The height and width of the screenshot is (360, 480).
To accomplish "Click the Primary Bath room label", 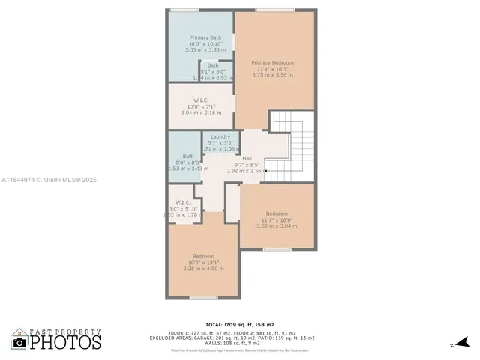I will (205, 37).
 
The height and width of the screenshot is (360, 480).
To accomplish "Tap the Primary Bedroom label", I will (272, 62).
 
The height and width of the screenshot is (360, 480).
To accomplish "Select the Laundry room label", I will (220, 136).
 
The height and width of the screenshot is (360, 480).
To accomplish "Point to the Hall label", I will (247, 158).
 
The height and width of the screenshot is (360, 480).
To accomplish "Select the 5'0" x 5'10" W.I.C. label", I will (183, 202).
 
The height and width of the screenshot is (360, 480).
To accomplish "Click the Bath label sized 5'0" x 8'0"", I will (187, 156).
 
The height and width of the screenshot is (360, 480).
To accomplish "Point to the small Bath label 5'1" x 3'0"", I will (213, 65).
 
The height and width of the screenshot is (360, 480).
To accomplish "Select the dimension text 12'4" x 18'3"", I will (273, 69).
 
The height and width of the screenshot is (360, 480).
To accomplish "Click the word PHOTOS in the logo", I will (65, 342).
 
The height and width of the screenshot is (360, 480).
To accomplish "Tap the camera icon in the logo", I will (19, 342).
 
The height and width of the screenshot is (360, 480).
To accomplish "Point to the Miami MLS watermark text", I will (49, 180).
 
